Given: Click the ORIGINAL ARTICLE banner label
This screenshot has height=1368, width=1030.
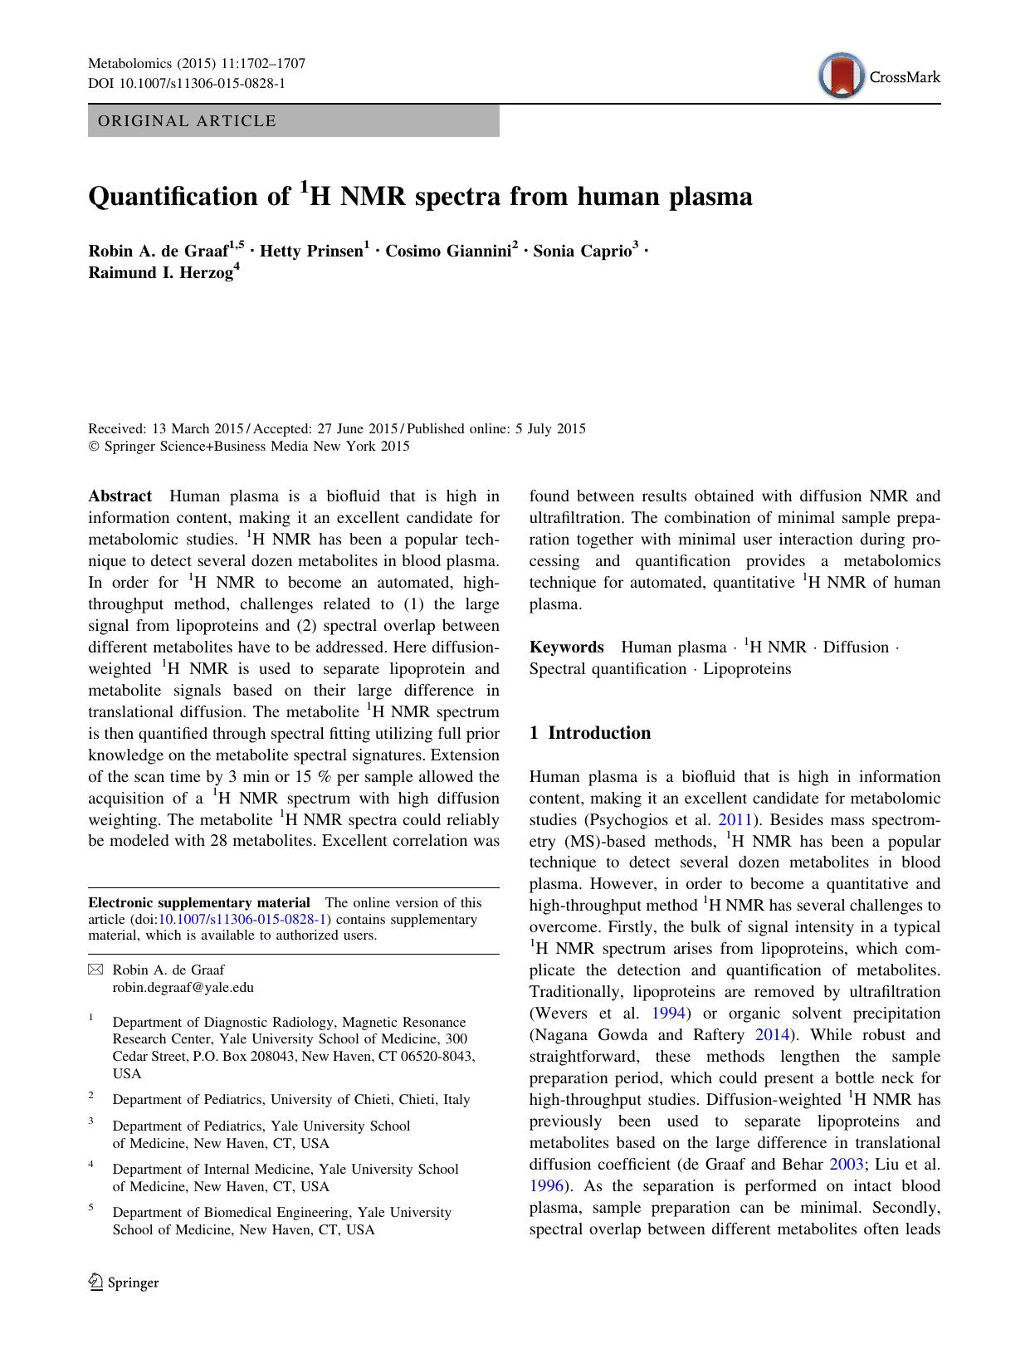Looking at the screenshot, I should (187, 121).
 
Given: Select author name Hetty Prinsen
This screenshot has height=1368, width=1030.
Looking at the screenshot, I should (311, 251).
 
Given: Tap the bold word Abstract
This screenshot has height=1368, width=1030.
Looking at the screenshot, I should (120, 496).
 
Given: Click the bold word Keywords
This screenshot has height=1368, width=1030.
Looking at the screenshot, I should (567, 647).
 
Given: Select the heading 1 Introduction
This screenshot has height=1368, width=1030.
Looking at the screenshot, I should (590, 733).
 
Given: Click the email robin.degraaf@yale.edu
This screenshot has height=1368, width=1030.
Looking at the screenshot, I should (183, 988).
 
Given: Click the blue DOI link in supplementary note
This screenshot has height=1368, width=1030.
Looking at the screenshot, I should (242, 919).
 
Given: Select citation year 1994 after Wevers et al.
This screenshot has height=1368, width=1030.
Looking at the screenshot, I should (668, 1014).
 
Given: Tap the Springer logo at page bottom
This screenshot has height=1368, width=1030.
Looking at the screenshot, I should (124, 1282).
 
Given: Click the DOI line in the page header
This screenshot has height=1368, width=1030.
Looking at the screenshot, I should (187, 84).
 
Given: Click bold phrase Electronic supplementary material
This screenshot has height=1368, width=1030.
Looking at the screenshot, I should (199, 903).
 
